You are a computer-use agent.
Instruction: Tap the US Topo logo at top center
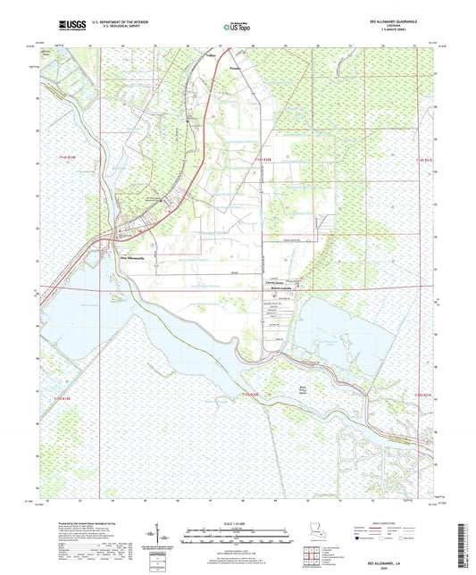(x=238, y=28)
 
